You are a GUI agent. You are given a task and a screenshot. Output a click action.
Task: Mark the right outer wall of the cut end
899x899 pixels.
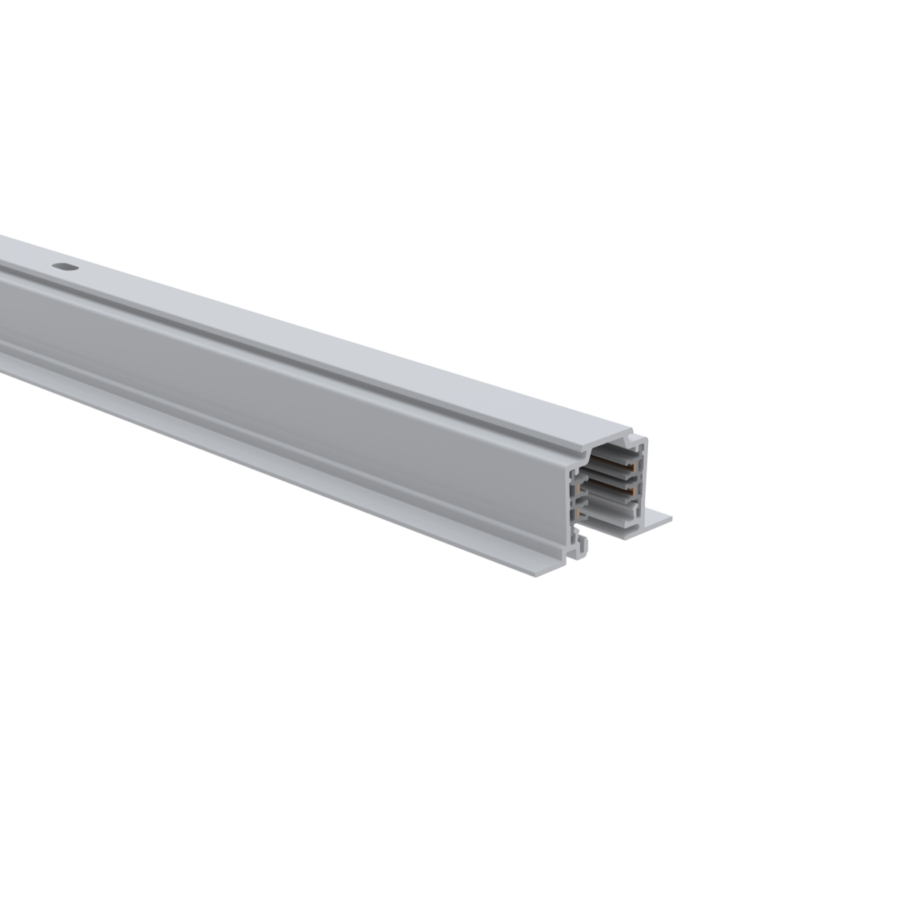645,483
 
